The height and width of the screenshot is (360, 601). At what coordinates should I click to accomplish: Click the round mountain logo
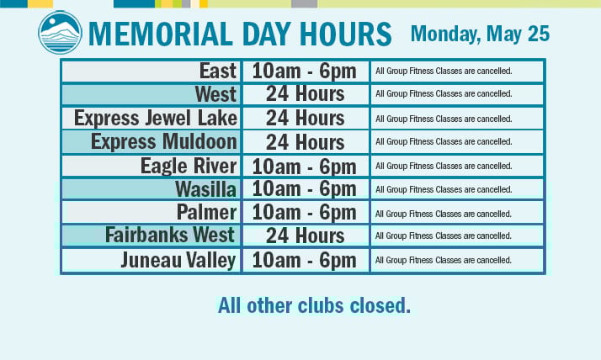click(x=60, y=32)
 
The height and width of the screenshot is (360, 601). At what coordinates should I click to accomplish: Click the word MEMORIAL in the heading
click(x=161, y=34)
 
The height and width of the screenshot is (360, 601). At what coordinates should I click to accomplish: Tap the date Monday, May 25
click(x=480, y=34)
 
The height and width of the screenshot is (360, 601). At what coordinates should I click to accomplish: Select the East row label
click(x=218, y=71)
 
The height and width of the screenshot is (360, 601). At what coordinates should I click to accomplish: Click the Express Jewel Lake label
click(x=156, y=118)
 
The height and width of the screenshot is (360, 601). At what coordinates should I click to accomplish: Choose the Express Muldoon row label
click(x=164, y=141)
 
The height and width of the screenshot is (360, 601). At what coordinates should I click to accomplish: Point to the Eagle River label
click(x=189, y=166)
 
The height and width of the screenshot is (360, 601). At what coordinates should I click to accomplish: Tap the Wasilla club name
click(x=206, y=189)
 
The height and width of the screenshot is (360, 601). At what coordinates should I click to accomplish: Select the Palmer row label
click(x=206, y=212)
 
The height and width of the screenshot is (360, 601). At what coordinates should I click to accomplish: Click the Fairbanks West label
click(x=170, y=235)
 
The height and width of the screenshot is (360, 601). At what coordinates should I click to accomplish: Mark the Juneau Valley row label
click(x=178, y=261)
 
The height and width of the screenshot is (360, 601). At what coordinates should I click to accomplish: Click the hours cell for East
click(x=305, y=71)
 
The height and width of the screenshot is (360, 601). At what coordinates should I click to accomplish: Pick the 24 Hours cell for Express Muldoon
click(x=305, y=142)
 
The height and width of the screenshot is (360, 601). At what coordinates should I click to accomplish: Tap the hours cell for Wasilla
click(x=305, y=189)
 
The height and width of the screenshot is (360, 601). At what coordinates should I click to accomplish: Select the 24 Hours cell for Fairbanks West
click(x=305, y=236)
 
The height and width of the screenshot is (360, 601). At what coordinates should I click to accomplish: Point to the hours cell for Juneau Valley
click(x=305, y=261)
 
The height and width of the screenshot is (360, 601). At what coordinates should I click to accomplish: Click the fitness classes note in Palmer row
click(x=444, y=214)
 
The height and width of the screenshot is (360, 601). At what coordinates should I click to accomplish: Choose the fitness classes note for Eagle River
click(x=444, y=166)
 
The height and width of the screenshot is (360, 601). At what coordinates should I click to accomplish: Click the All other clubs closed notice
click(x=314, y=305)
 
